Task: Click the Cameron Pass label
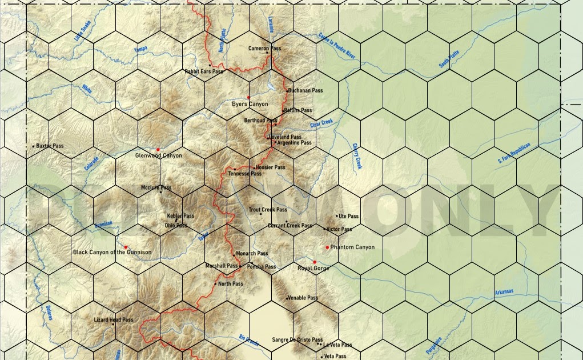tap(264, 49)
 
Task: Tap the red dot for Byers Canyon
tap(248, 98)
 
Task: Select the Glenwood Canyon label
tap(158, 155)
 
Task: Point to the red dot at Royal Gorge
tap(315, 262)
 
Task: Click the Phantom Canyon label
tap(352, 247)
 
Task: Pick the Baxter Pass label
tap(50, 146)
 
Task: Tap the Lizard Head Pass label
tap(113, 320)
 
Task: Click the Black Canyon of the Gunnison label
tap(112, 252)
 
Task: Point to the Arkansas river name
tap(504, 292)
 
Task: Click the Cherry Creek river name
tap(357, 155)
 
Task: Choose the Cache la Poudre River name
tap(337, 46)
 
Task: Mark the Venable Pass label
tap(303, 298)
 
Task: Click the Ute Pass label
tap(348, 216)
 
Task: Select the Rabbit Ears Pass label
tap(203, 71)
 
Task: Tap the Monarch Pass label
tap(252, 253)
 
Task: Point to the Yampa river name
tap(140, 50)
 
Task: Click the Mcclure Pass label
tap(156, 187)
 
